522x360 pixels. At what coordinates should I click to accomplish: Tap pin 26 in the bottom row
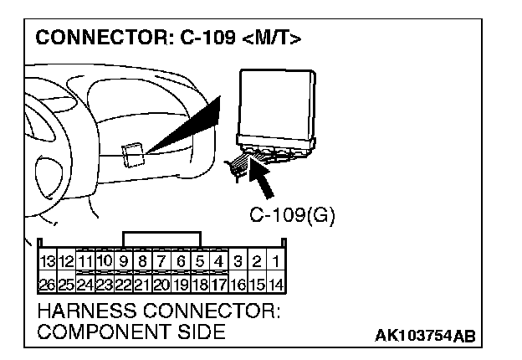[x=47, y=284]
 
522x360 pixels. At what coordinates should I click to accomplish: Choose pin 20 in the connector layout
[x=162, y=284]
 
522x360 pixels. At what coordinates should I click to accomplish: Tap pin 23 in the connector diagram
[x=104, y=284]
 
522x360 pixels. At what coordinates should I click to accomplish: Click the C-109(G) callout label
[x=291, y=215]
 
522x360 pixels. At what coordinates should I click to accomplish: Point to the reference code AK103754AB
[x=426, y=337]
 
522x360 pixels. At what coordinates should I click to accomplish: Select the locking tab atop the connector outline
[x=161, y=239]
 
